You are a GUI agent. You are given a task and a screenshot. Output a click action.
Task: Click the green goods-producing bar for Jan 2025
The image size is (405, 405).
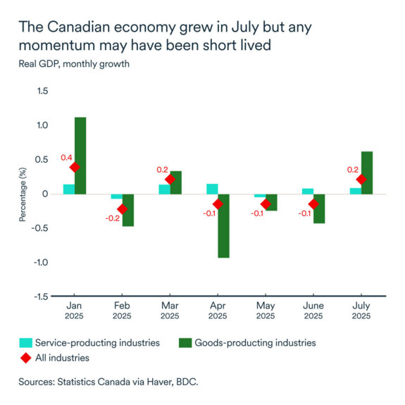pos(80,155)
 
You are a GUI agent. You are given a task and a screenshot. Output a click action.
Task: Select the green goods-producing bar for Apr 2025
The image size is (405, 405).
pos(223,225)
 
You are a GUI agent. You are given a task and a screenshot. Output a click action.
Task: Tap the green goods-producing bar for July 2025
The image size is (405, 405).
pos(367,173)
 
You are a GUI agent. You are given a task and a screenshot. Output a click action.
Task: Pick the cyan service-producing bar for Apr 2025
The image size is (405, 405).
pos(212,189)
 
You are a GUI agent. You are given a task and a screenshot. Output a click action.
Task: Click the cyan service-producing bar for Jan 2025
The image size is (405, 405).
pos(68,189)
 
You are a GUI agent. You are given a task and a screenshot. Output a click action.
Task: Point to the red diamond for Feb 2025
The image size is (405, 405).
pos(122,209)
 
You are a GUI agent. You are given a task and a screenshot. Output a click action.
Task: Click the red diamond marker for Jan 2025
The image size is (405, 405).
pos(75,167)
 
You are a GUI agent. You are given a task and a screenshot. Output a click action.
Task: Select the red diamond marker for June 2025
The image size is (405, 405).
pos(313,204)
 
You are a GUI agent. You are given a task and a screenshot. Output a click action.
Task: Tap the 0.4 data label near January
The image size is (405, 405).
pos(64,158)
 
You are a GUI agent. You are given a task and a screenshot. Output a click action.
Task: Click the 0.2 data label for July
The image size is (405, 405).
pos(352,170)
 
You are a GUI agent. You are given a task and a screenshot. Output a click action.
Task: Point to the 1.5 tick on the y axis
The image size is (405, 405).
pos(42,91)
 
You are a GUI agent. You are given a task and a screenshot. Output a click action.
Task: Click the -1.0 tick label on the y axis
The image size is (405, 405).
pos(40,262)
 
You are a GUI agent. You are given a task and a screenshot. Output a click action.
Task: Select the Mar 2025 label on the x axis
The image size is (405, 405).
pos(170,311)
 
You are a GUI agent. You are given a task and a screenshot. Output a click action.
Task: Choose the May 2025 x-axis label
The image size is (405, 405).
pos(266,311)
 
